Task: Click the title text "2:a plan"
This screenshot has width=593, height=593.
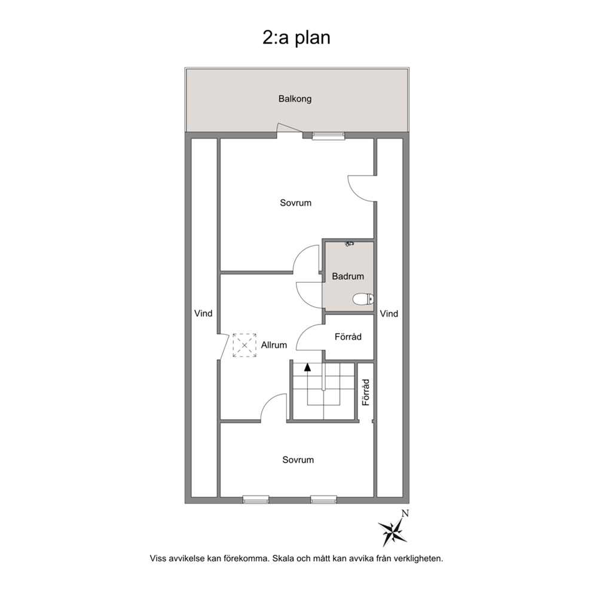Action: coord(296,38)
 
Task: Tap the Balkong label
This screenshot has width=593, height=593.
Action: coord(295,99)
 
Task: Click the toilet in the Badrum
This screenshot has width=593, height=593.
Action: coord(363,299)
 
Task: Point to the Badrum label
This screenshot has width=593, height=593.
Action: coord(348,276)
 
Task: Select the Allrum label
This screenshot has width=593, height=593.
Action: coord(274,345)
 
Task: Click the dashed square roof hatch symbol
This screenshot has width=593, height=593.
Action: coord(244,345)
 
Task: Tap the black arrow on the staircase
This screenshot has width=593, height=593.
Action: coord(307,366)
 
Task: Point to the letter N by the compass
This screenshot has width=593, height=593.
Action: coord(405,513)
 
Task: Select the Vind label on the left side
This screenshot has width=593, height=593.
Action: coord(203,313)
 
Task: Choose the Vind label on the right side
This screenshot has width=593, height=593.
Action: coord(389,313)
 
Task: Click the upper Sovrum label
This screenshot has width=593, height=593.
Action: coord(296,203)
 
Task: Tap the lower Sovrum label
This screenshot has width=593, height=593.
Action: coord(298,460)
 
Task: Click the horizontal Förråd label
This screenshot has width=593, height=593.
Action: coord(348,337)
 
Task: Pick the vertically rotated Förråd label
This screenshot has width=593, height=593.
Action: coord(366,393)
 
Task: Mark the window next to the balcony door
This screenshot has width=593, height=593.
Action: coord(328,135)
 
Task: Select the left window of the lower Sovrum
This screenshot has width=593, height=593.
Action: coord(256,500)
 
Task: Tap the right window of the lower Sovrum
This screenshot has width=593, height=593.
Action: coord(324,500)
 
